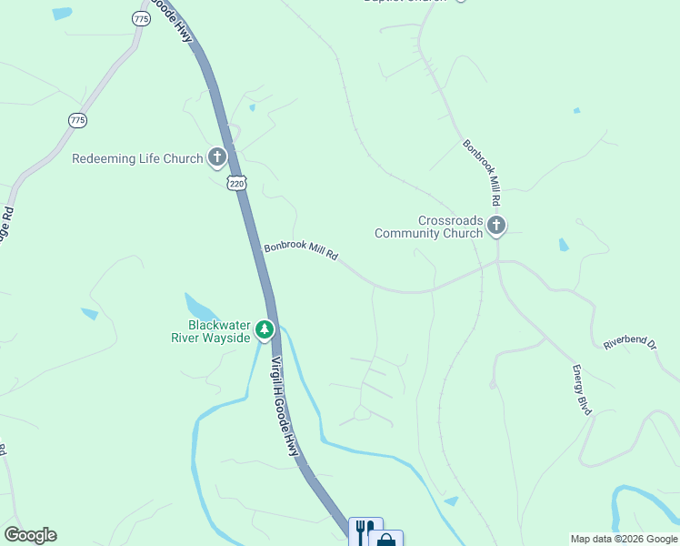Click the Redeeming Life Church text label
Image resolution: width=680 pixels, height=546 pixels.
[x=137, y=158]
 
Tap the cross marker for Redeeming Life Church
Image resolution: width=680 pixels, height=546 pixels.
[x=217, y=158]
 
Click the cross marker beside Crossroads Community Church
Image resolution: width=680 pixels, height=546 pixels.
[x=495, y=226]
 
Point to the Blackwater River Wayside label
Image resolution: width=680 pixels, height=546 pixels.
[x=210, y=331]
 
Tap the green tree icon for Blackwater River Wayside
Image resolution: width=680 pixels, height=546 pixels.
[x=265, y=329]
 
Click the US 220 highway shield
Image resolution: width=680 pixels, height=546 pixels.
[x=237, y=183]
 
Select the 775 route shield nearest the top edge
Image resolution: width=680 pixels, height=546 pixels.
[x=140, y=18]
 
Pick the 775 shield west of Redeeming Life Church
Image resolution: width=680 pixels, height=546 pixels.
[x=77, y=120]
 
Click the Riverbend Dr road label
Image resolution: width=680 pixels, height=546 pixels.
[x=630, y=342]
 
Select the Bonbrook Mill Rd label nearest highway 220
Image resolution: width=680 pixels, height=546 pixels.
[x=301, y=251]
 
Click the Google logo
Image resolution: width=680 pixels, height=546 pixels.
[x=30, y=535]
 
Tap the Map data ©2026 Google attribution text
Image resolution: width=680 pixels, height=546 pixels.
[x=624, y=539]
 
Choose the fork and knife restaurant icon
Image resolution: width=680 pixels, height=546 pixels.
[x=365, y=531]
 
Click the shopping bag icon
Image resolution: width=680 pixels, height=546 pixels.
[x=386, y=540]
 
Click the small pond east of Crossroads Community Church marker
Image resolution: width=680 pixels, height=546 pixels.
[x=564, y=244]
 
